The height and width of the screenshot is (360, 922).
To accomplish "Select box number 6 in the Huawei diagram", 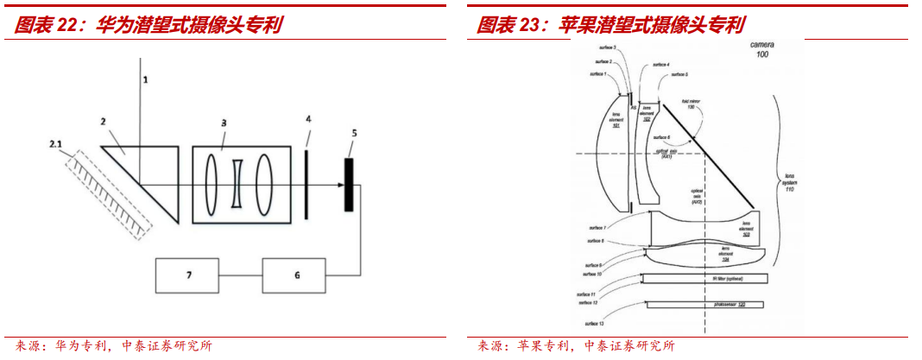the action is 297,275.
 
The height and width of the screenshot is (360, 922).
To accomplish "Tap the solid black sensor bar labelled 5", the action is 350,185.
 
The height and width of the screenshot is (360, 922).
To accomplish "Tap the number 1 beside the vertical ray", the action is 146,79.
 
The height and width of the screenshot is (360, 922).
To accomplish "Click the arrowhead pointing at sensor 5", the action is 339,185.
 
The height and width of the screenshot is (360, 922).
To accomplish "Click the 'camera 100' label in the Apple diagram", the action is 763,48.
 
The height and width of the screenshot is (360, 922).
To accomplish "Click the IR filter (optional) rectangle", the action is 705,278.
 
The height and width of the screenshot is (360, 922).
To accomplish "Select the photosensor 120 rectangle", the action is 705,305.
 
